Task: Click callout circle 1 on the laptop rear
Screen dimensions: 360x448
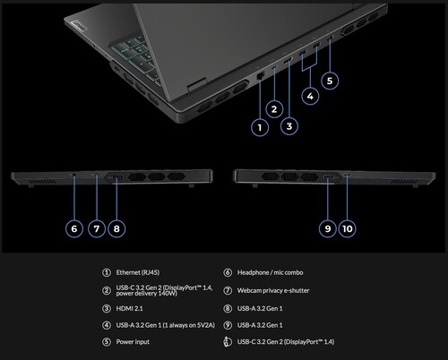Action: [x=259, y=126]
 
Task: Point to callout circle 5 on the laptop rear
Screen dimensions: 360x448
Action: [x=330, y=81]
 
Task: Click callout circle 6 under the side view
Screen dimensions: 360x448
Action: [x=75, y=227]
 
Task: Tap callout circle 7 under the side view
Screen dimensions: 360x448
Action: [x=95, y=227]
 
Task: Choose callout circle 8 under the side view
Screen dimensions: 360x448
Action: [x=115, y=227]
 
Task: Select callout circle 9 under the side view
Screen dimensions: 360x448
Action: [x=328, y=228]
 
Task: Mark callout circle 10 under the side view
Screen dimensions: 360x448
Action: [x=348, y=228]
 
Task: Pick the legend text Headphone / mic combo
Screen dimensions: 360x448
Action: [x=268, y=272]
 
